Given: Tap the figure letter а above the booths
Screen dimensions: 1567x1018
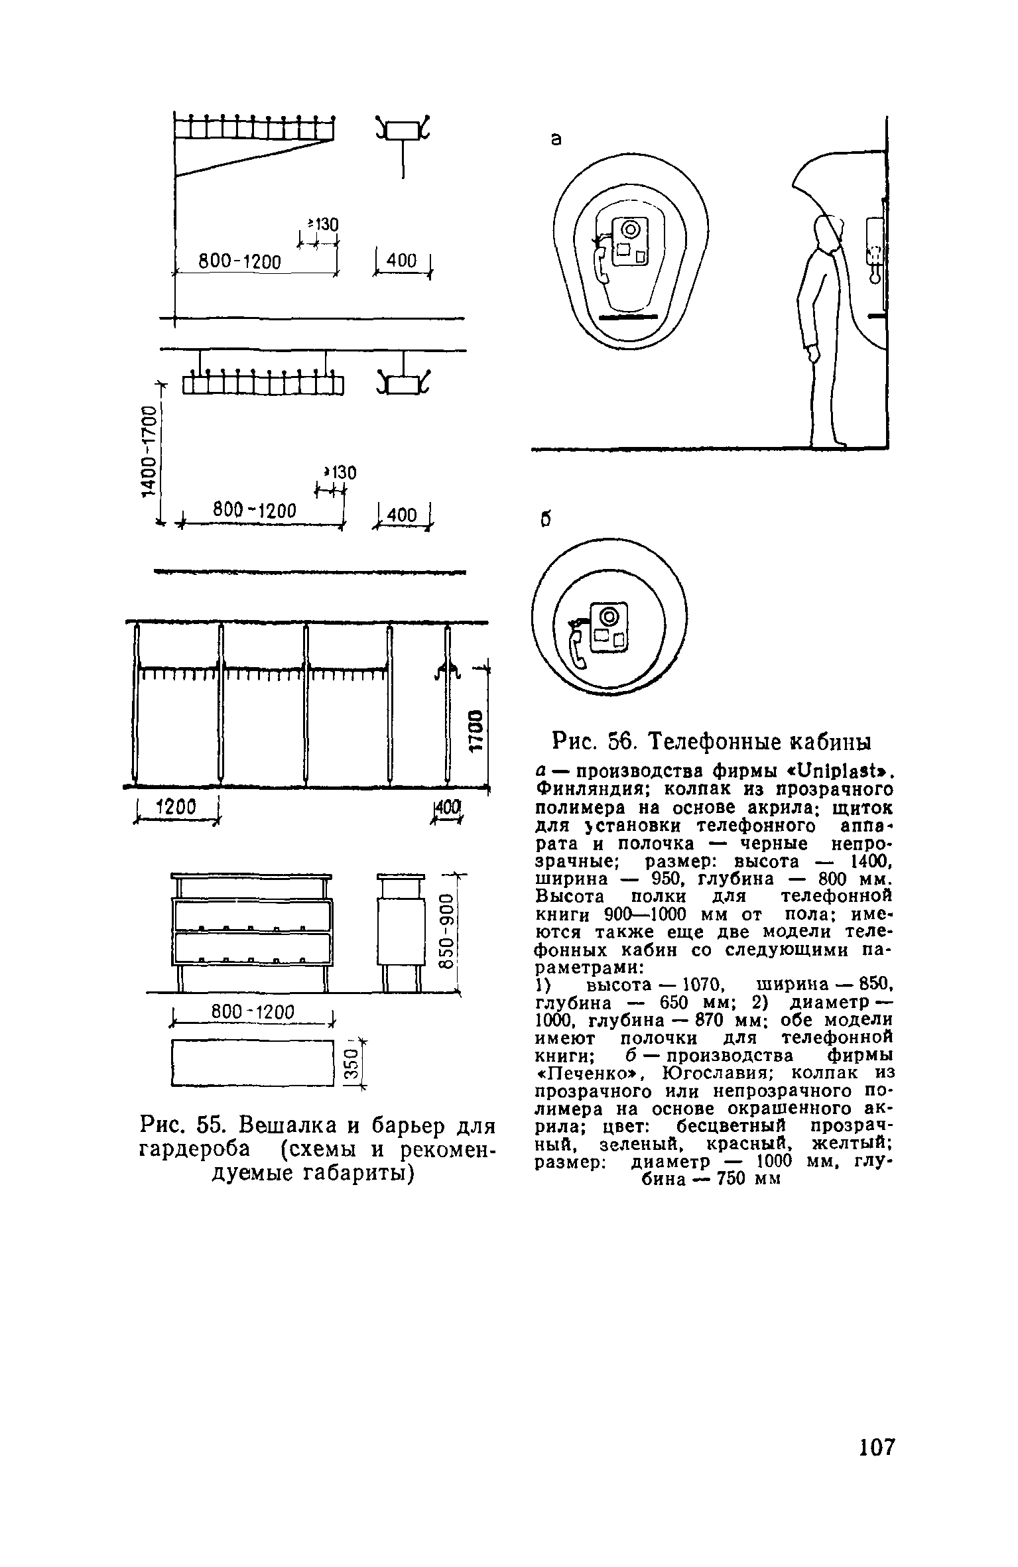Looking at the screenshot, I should point(556,139).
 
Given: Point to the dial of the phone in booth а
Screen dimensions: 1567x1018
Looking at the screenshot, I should point(631,231).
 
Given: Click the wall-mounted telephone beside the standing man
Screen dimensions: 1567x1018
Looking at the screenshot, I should point(875,245).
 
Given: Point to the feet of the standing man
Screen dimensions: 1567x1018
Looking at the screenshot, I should point(828,440).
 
